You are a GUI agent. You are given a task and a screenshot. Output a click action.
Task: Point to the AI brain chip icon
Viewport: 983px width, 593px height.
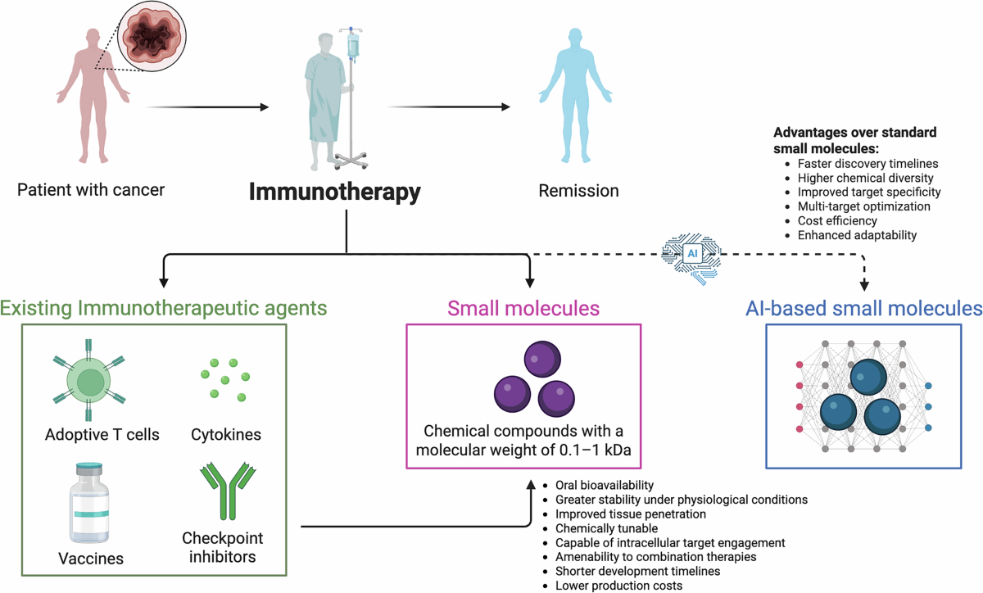[692, 255]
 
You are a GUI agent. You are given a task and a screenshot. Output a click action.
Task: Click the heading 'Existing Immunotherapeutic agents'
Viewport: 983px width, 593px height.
[164, 309]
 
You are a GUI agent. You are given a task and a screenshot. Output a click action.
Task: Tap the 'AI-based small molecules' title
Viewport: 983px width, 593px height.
[863, 309]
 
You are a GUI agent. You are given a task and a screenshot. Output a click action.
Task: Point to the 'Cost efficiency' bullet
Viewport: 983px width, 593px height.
[837, 221]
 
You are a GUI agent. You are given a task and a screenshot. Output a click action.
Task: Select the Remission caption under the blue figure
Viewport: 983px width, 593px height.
[578, 191]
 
